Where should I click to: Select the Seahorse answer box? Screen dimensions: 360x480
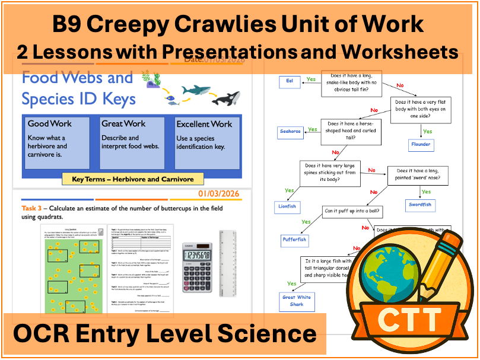(291, 131)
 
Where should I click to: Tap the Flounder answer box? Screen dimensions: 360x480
(421, 144)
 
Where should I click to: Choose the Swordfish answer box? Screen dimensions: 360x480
(420, 205)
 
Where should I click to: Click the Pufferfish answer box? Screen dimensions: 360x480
(294, 240)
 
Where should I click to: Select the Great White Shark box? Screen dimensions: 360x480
(297, 301)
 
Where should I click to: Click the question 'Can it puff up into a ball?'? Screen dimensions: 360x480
(352, 211)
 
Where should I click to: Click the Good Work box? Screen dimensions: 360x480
(56, 143)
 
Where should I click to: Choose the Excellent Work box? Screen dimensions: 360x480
(207, 143)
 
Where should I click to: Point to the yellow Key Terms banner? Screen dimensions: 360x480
(133, 179)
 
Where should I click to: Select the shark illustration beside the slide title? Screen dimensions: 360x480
(196, 91)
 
